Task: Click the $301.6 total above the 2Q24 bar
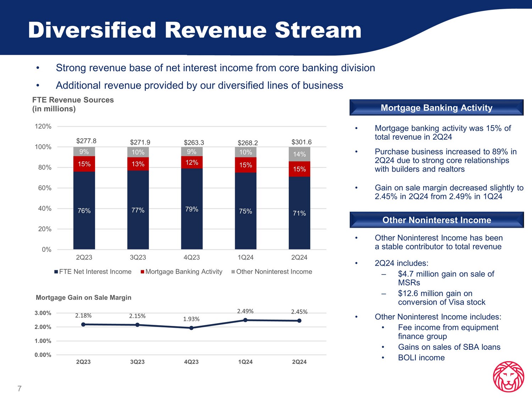[301, 142]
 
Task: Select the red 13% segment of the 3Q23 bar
[138, 164]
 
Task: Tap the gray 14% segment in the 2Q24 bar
[299, 154]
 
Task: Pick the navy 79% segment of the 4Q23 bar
[192, 209]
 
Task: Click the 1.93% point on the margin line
[192, 328]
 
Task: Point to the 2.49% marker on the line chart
[245, 320]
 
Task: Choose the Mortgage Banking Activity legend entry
[181, 272]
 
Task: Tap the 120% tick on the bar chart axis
[43, 127]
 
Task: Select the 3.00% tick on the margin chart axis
[43, 313]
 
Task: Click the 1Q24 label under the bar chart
[245, 257]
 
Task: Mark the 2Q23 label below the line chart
[83, 362]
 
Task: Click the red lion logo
[509, 377]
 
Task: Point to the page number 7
[20, 389]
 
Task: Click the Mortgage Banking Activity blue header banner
[436, 108]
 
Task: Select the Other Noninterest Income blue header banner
[436, 220]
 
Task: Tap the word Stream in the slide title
[318, 30]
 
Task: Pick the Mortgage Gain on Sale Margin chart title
[83, 298]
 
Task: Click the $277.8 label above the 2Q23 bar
[86, 141]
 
